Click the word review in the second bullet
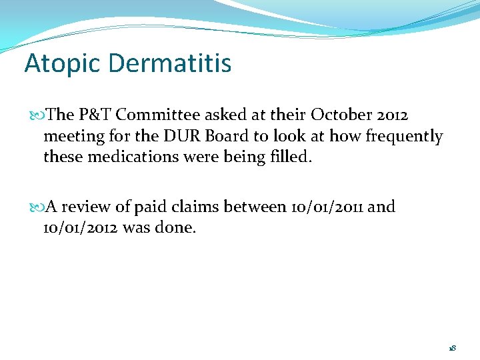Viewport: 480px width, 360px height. point(88,207)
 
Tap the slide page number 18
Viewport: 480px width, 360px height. point(452,348)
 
